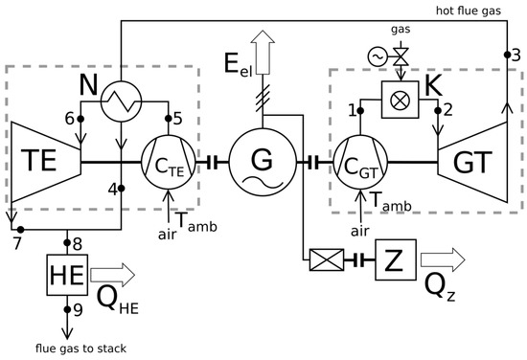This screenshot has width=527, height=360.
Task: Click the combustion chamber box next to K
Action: pyautogui.click(x=400, y=98)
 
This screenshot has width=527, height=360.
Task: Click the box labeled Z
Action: pyautogui.click(x=401, y=259)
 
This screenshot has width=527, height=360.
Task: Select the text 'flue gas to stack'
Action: pyautogui.click(x=67, y=348)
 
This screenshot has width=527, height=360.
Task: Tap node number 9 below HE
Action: pyautogui.click(x=67, y=309)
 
